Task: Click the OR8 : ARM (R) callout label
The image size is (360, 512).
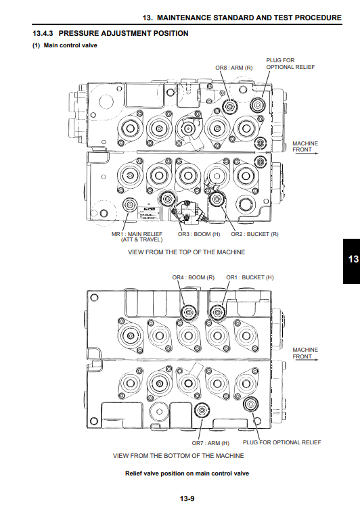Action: pyautogui.click(x=234, y=68)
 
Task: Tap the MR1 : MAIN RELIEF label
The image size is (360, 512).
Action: pyautogui.click(x=137, y=234)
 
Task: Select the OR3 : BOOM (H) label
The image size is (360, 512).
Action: pyautogui.click(x=199, y=234)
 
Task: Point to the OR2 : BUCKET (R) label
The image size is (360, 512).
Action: pyautogui.click(x=254, y=234)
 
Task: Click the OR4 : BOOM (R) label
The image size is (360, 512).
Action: pyautogui.click(x=194, y=277)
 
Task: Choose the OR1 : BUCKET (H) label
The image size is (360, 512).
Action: pyautogui.click(x=250, y=277)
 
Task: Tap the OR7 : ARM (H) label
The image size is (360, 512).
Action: pyautogui.click(x=210, y=443)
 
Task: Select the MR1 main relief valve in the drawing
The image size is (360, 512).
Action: pyautogui.click(x=130, y=205)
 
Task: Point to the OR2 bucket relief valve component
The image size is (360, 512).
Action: pyautogui.click(x=216, y=199)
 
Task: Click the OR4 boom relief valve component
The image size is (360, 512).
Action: pyautogui.click(x=189, y=313)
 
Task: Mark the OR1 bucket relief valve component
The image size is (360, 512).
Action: pyautogui.click(x=217, y=313)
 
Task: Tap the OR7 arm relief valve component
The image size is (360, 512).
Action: pyautogui.click(x=202, y=410)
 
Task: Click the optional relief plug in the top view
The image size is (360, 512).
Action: pyautogui.click(x=258, y=105)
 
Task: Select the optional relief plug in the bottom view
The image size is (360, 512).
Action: pyautogui.click(x=251, y=404)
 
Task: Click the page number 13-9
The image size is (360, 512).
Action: pyautogui.click(x=187, y=498)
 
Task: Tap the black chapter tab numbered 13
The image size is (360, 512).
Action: pyautogui.click(x=351, y=261)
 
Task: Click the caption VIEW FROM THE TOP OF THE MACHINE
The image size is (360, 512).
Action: pyautogui.click(x=187, y=252)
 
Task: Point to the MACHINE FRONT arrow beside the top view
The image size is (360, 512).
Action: pyautogui.click(x=307, y=153)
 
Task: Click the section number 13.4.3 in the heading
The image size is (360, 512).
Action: pyautogui.click(x=43, y=33)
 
